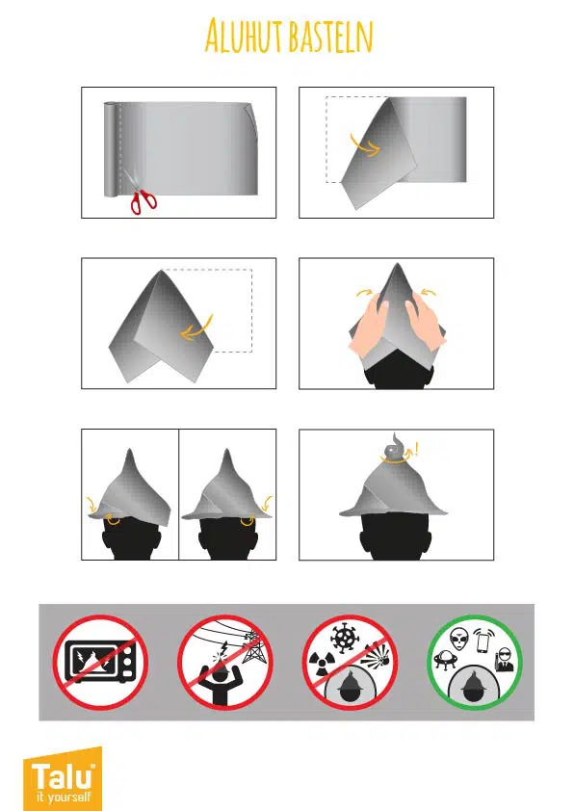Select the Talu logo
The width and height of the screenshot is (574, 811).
coord(63,779)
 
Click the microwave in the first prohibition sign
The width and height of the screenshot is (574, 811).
coord(101,662)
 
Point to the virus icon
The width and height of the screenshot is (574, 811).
coord(344,638)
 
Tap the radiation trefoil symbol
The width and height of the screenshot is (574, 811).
coord(319,665)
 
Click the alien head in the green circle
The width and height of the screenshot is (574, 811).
coord(458,640)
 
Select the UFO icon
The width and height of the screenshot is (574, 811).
coord(445,660)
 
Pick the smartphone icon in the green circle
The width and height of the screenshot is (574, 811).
coord(483,641)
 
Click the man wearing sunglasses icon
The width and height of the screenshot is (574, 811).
coord(504,661)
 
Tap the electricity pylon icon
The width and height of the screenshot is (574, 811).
coord(254,646)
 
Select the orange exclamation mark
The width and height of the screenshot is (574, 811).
coord(418,449)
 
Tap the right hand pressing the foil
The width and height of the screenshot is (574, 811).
coord(425,322)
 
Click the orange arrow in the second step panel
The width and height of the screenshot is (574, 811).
coord(365,145)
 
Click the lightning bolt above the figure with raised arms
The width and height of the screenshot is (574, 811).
coord(223,648)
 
